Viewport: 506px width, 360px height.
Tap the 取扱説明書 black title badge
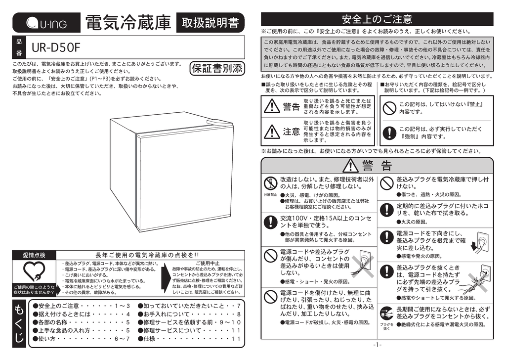pyautogui.click(x=210, y=23)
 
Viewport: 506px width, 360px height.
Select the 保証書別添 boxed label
pyautogui.click(x=217, y=69)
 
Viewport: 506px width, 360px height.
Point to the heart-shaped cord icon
pyautogui.click(x=34, y=271)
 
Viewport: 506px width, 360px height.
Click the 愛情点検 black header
pyautogui.click(x=34, y=255)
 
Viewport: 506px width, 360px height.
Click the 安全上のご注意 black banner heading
pyautogui.click(x=377, y=19)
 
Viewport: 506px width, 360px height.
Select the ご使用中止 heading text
pyautogui.click(x=208, y=263)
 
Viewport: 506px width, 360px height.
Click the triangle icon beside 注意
pyautogui.click(x=272, y=131)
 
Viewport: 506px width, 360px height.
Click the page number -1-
pyautogui.click(x=377, y=345)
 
